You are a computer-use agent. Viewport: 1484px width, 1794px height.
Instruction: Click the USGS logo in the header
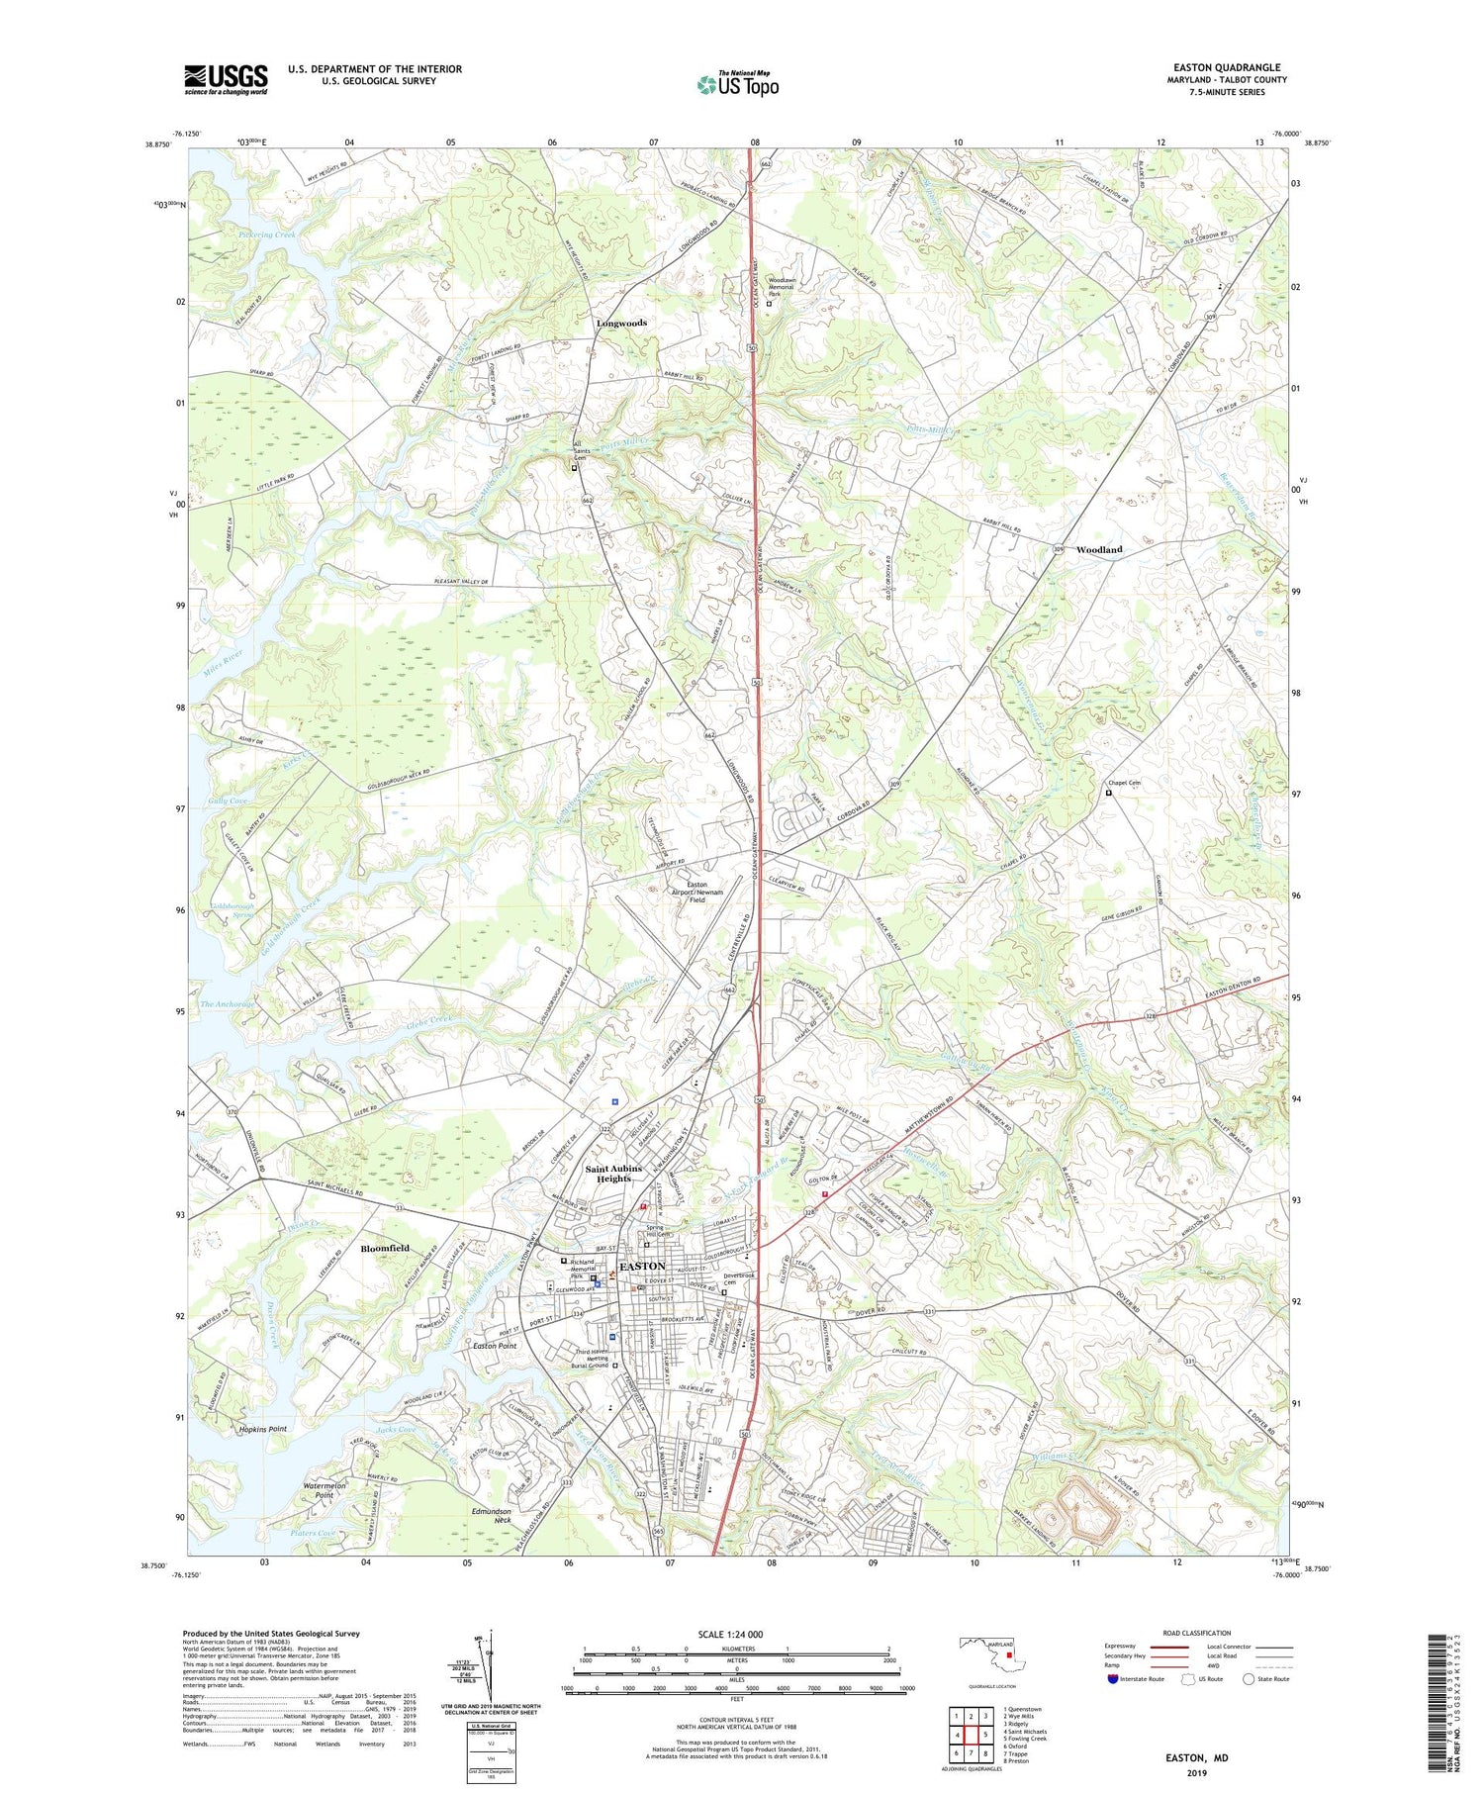[226, 79]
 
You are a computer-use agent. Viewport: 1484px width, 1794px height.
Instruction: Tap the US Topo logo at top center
[737, 84]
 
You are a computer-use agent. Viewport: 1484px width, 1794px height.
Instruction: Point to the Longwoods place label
[621, 323]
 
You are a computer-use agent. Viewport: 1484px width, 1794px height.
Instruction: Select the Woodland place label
[1099, 549]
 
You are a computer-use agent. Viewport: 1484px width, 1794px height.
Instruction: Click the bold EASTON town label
[642, 1267]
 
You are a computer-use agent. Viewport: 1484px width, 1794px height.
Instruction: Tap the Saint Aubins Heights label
[613, 1174]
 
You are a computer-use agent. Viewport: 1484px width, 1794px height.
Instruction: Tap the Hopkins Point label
[262, 1429]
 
